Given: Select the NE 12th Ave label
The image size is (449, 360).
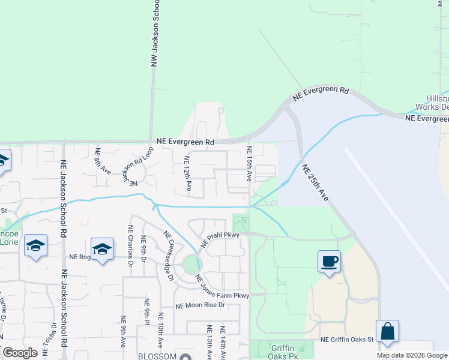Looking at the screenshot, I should click(x=188, y=173).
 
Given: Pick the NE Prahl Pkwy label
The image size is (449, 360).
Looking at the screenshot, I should click(x=220, y=239).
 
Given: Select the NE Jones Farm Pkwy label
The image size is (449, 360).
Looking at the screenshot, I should click(x=222, y=287).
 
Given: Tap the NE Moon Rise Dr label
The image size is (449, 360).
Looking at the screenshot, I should click(x=200, y=305).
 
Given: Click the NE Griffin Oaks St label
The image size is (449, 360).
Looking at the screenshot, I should click(x=347, y=340).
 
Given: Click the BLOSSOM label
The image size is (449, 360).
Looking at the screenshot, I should click(x=158, y=356).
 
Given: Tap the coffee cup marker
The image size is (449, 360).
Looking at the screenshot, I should click(x=329, y=262).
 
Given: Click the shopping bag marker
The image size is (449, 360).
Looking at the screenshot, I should click(x=387, y=331).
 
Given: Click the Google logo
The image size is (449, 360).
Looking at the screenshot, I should click(x=20, y=353).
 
